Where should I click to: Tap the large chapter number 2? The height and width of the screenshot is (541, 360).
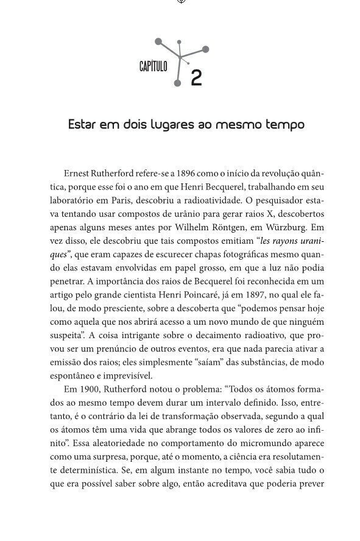196,79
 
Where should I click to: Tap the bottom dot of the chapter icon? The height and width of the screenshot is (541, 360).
177,83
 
